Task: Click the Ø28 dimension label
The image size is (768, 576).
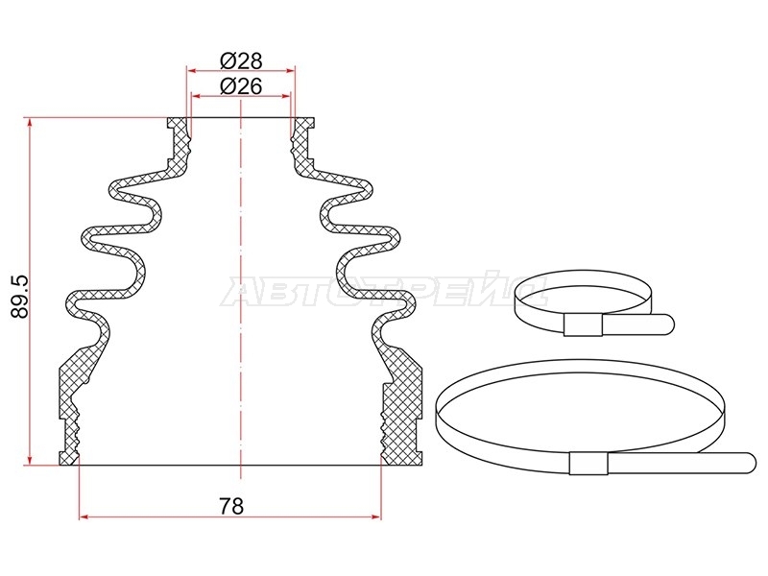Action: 241,60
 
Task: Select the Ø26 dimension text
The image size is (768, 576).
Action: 241,86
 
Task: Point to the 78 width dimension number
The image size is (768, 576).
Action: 231,507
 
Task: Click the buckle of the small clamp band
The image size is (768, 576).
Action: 583,324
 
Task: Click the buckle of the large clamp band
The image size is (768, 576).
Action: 588,464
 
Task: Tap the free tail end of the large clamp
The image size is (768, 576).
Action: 750,463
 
